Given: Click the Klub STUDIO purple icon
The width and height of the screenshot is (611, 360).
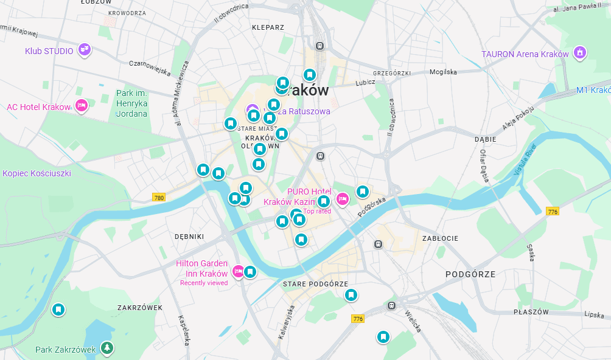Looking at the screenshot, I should coord(85,50).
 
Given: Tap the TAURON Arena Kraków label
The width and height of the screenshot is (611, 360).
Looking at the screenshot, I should coord(525,54).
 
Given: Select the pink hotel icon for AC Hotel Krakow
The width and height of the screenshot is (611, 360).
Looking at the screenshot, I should coord(81,106).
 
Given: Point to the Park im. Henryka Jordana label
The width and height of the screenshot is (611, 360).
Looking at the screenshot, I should coord(131,103).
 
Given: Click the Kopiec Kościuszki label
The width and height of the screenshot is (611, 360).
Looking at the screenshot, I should coord(37,173).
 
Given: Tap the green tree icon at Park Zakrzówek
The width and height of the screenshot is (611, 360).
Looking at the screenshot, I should coord(107,348).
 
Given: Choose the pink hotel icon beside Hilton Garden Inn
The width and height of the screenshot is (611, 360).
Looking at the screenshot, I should coord(239,271).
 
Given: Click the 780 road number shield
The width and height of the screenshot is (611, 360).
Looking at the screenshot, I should coord(159,198).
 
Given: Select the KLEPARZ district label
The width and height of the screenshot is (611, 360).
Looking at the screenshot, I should coord(268,27).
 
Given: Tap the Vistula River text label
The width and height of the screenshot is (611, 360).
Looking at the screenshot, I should coord(526,159).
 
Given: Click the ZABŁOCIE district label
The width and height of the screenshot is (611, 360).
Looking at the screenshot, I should coord(440,238).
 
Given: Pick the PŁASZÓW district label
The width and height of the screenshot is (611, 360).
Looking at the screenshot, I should coord(531,312).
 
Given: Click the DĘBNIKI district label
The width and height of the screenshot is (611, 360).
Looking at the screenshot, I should coord(189,236).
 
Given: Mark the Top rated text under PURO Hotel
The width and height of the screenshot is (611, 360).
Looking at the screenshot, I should coord(317,212).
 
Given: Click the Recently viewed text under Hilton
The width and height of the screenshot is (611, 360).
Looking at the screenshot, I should coord(204,283).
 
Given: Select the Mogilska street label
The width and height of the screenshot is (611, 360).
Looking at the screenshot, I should coord(443,72).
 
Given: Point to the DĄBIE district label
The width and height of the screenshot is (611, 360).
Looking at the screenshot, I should coord(485,139).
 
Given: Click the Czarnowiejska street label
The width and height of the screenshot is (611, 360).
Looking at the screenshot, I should coord(150,67).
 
